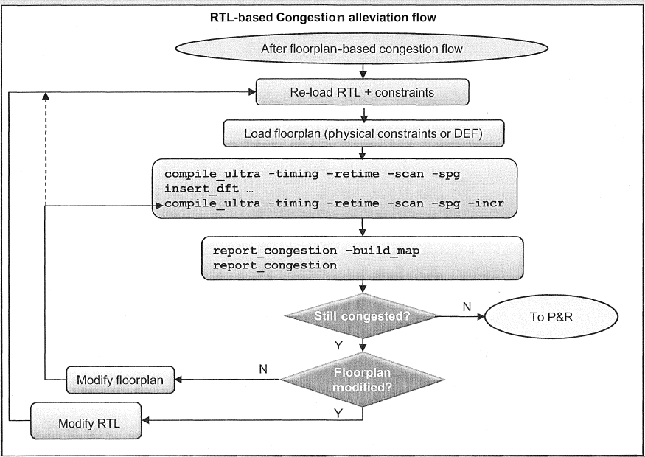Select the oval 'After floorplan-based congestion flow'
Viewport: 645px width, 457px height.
(x=362, y=50)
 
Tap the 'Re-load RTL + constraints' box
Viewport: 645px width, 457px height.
(x=362, y=93)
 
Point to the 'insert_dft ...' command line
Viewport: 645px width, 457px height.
(x=200, y=188)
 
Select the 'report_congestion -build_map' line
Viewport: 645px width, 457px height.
(x=316, y=251)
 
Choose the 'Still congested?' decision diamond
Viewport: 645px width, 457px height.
(x=362, y=317)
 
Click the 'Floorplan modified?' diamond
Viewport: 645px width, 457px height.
(x=362, y=380)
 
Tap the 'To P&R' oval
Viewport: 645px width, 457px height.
(x=548, y=318)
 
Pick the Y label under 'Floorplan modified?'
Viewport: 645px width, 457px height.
(x=338, y=413)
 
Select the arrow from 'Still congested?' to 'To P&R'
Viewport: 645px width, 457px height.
(x=457, y=318)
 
